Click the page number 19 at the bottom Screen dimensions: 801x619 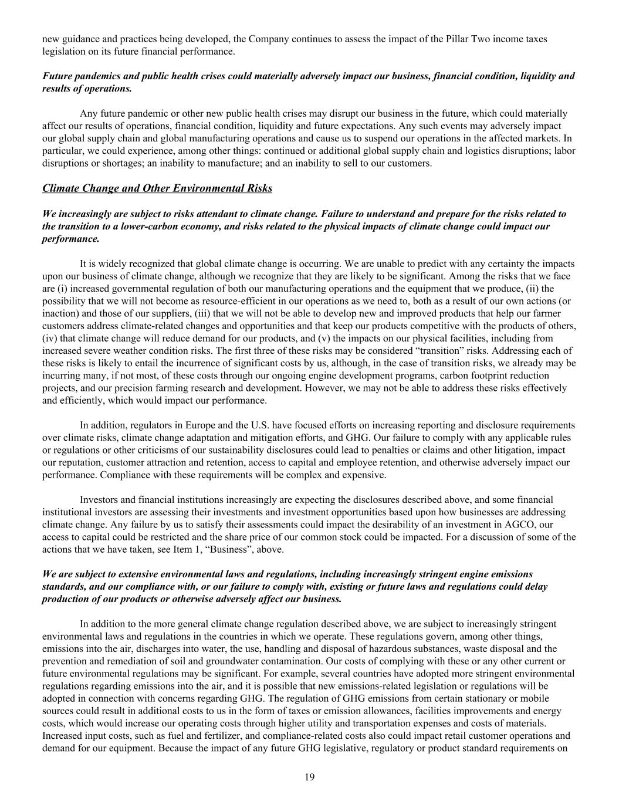310,778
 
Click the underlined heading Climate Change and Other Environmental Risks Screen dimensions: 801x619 157,188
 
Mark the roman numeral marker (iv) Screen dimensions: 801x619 49,339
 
